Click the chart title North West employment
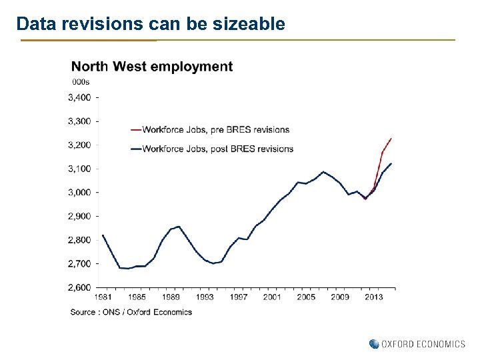click(x=152, y=67)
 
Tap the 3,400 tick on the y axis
click(x=79, y=97)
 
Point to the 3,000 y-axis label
click(x=79, y=193)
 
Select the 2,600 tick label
click(x=79, y=287)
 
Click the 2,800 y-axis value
click(x=79, y=240)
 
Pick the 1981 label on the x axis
click(x=103, y=297)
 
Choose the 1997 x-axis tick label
click(x=238, y=297)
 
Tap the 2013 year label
click(x=373, y=297)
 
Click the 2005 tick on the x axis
click(x=306, y=297)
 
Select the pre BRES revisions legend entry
click(x=215, y=129)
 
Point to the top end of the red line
click(x=391, y=138)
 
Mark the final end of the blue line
click(x=391, y=163)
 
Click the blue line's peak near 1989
click(x=178, y=227)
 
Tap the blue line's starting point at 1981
click(x=103, y=235)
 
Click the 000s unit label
click(x=80, y=82)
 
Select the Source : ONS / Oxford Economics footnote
click(x=131, y=312)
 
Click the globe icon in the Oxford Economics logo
click(x=373, y=344)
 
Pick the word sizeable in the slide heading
click(x=250, y=25)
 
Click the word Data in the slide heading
click(x=33, y=25)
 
